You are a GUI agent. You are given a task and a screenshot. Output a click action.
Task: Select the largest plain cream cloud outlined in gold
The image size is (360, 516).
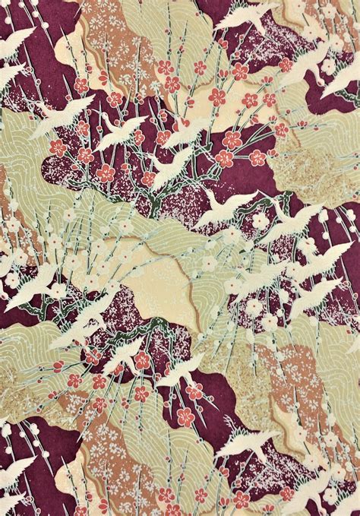pos(163,285)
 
